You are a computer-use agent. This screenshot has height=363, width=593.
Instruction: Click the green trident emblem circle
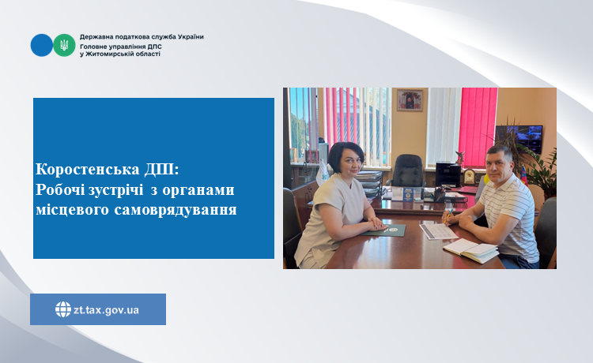point(64,45)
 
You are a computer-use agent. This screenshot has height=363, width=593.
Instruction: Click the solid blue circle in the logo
point(42,45)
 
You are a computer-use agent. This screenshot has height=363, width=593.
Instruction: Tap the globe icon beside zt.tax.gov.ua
point(63,309)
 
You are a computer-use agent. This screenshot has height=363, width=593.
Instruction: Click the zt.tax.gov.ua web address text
point(106,310)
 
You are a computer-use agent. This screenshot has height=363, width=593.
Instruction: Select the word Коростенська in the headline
point(88,170)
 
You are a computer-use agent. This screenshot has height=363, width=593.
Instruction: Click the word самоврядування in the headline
point(176,210)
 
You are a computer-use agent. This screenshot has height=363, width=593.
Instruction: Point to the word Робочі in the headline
point(60,190)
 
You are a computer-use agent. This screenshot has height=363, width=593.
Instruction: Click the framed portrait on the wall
point(410,100)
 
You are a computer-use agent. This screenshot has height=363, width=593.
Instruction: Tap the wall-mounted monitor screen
point(519,139)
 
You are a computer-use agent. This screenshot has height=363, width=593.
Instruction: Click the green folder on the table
point(384,230)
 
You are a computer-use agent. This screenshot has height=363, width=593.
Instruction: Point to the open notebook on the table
point(471,250)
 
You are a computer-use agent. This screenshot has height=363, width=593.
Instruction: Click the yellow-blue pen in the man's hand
point(448,215)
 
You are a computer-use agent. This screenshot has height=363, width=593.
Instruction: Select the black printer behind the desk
point(448,174)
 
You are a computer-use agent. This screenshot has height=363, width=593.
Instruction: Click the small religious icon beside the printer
point(470,177)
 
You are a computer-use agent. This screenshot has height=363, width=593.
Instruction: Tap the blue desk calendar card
point(409,194)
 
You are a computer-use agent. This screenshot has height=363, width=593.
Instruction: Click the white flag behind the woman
point(323,173)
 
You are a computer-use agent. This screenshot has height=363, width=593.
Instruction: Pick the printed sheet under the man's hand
point(438,231)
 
